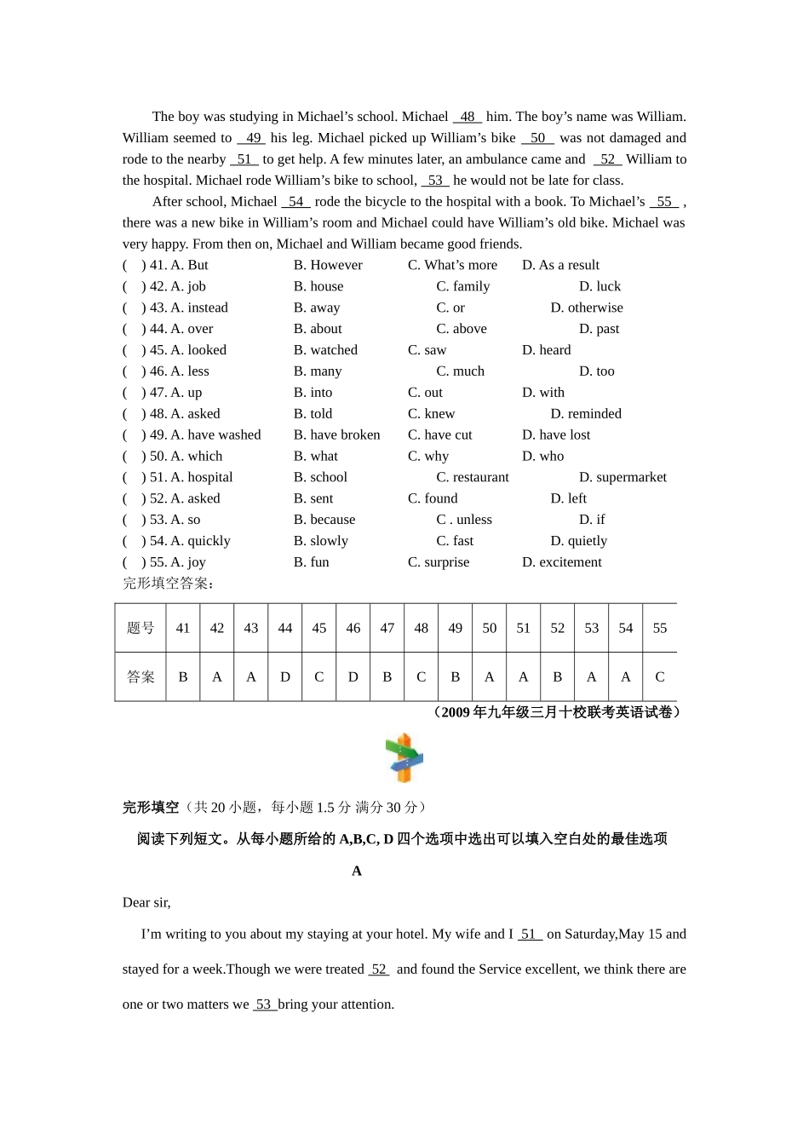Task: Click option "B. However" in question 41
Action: click(x=328, y=265)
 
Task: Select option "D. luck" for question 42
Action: click(x=600, y=286)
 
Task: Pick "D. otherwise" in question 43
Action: click(x=586, y=308)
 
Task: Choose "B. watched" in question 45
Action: click(x=325, y=350)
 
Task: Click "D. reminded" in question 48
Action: click(x=586, y=414)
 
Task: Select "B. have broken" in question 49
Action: click(x=336, y=434)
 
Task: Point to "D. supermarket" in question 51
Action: click(x=623, y=477)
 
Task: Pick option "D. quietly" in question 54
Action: click(x=578, y=541)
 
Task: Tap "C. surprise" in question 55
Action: click(x=439, y=562)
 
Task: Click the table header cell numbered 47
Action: click(x=387, y=628)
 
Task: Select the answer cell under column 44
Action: click(x=285, y=677)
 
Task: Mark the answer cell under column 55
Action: click(x=660, y=677)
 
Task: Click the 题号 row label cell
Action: click(x=141, y=628)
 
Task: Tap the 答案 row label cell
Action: click(x=141, y=677)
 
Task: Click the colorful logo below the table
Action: click(x=404, y=757)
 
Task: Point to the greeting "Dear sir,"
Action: click(x=146, y=903)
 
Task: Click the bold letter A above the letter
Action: click(x=357, y=871)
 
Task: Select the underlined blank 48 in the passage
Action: click(x=468, y=117)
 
